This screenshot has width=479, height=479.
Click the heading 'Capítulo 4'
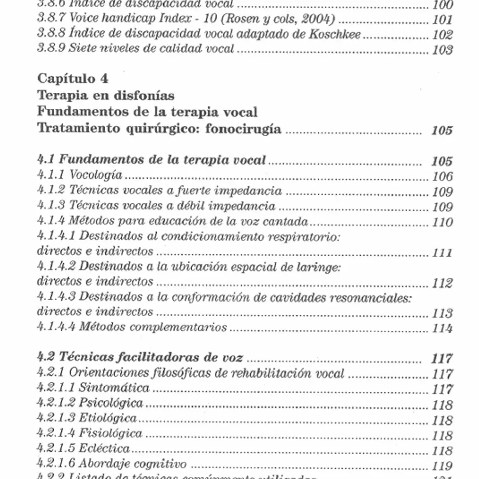point(72,79)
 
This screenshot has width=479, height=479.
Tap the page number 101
point(443,20)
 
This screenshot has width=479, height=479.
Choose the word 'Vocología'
point(96,175)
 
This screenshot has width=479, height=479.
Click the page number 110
point(443,222)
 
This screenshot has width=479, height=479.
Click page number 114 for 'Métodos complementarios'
point(443,329)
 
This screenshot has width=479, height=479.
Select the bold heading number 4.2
point(46,356)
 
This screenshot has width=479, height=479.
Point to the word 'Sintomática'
point(114,388)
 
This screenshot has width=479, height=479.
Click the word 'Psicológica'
point(111,403)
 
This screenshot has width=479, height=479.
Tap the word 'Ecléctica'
point(104,449)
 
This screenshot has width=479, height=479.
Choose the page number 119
point(443,466)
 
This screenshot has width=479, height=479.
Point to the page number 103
point(443,50)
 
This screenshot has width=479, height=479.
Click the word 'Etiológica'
point(108,418)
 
